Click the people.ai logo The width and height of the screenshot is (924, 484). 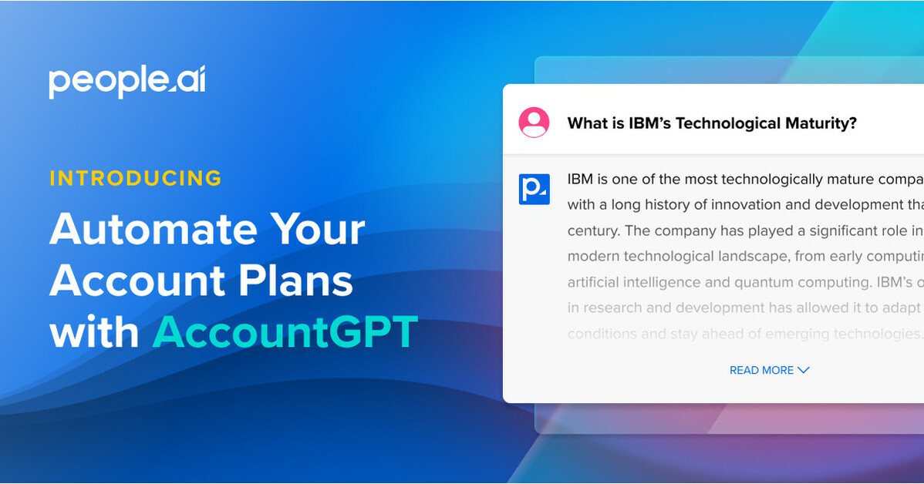127,82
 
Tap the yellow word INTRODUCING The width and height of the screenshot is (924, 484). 136,179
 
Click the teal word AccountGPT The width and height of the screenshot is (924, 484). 285,332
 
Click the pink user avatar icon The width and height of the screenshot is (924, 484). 534,123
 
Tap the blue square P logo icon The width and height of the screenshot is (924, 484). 534,189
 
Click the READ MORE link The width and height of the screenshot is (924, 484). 761,371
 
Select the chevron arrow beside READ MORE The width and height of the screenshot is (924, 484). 804,370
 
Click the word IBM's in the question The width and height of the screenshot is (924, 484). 650,123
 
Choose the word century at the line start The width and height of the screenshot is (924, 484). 594,230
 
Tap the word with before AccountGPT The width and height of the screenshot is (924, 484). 94,332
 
